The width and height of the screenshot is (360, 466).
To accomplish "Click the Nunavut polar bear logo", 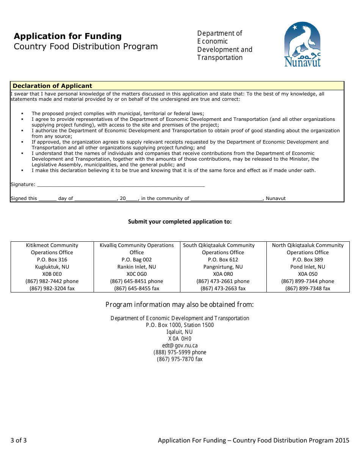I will click(302, 44).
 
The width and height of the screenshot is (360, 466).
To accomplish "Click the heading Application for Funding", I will click(68, 36).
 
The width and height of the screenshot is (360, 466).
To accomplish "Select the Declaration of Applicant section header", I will click(52, 86).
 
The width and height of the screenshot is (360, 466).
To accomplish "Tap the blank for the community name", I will click(227, 199).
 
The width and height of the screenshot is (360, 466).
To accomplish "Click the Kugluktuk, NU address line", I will click(52, 267).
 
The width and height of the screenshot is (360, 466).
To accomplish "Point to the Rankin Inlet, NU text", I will click(136, 267).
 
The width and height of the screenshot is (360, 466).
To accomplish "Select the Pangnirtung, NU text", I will click(223, 267).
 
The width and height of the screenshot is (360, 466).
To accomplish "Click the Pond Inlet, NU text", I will click(308, 267).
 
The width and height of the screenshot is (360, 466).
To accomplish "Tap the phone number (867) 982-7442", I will click(52, 281).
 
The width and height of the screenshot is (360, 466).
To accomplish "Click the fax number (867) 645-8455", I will click(136, 288).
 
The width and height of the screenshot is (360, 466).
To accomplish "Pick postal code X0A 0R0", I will click(223, 274).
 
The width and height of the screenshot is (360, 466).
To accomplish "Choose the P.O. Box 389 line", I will click(308, 260).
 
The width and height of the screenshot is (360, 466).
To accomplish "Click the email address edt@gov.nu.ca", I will click(180, 346).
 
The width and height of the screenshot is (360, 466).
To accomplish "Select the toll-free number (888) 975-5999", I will click(180, 352).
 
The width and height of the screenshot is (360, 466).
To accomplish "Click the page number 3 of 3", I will click(19, 440).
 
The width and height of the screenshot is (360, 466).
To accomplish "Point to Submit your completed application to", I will click(180, 222).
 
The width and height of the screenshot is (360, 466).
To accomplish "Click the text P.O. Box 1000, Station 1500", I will click(180, 325).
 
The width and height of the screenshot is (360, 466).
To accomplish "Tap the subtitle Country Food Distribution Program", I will click(86, 47).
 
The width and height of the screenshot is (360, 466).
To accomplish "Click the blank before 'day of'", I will click(47, 199).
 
